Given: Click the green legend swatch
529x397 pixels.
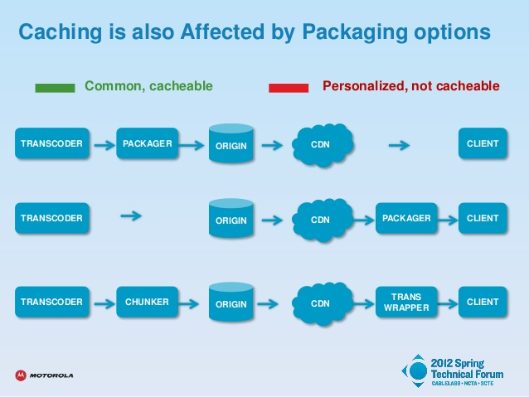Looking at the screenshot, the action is [x=55, y=88].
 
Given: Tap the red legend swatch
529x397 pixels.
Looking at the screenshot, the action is [x=289, y=88].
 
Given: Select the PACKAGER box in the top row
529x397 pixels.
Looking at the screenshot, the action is [x=147, y=143].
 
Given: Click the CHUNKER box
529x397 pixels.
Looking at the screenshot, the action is [x=147, y=302].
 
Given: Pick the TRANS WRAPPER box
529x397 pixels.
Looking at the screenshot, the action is [x=406, y=302].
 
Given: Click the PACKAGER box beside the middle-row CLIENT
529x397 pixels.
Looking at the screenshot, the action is [x=406, y=218].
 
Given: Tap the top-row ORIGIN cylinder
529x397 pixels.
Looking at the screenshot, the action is [x=231, y=143].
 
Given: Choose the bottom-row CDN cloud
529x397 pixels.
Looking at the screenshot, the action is [x=323, y=303].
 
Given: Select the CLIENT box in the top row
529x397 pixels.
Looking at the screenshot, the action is [x=483, y=143].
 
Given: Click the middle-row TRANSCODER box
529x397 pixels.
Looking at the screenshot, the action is [x=52, y=218].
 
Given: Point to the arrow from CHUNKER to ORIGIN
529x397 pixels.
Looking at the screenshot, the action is [x=189, y=303].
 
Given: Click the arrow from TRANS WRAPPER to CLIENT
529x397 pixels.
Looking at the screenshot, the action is [x=448, y=304].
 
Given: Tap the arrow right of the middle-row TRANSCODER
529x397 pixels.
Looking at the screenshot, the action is [x=131, y=215].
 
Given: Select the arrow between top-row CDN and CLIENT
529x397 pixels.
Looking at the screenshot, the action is [x=399, y=145].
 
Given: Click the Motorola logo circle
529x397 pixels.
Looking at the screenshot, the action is [x=21, y=375].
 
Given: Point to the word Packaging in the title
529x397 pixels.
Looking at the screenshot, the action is [x=355, y=31].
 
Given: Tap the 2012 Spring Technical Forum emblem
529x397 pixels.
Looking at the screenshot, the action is [x=418, y=371].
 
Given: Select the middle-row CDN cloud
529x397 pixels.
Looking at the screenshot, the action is [x=323, y=220].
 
